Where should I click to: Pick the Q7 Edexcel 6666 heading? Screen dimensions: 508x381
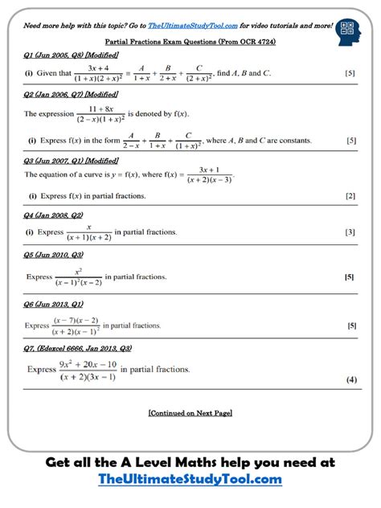[x=78, y=349]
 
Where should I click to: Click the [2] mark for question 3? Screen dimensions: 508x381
[x=350, y=196]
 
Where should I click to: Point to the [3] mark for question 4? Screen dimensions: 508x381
[x=350, y=232]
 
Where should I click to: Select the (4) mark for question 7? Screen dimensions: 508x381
[x=351, y=379]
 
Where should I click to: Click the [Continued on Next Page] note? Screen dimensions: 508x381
[x=190, y=412]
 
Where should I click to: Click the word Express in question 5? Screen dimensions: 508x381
[x=39, y=277]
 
